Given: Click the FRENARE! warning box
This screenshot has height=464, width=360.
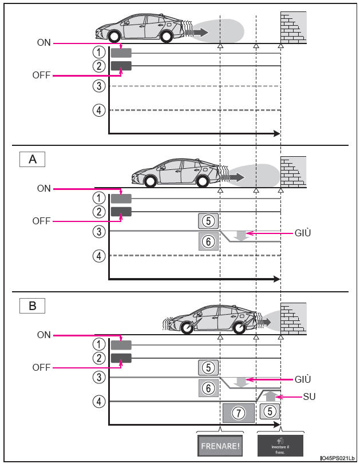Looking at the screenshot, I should (x=220, y=444).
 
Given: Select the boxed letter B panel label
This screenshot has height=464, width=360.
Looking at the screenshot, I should (x=33, y=306).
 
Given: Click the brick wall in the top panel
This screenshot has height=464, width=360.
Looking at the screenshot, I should (x=292, y=28).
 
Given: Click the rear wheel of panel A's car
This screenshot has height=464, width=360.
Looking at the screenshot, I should (x=151, y=182).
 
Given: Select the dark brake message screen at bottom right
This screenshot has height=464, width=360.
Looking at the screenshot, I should (x=280, y=444).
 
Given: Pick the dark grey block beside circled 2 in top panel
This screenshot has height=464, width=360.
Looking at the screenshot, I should (x=121, y=66).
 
